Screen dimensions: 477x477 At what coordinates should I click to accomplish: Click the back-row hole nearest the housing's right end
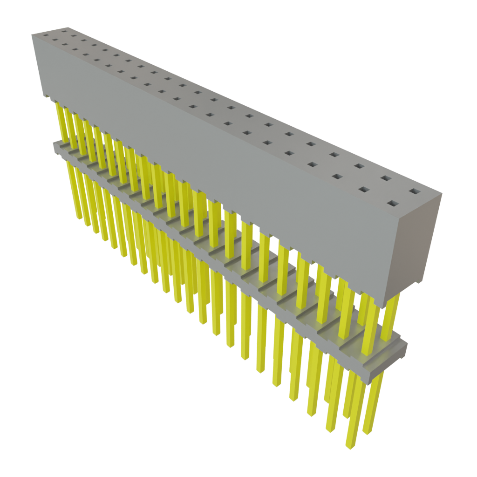(414, 191)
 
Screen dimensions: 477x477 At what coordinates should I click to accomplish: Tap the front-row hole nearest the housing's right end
(393, 204)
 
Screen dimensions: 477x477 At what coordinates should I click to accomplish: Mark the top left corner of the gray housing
(32, 34)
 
